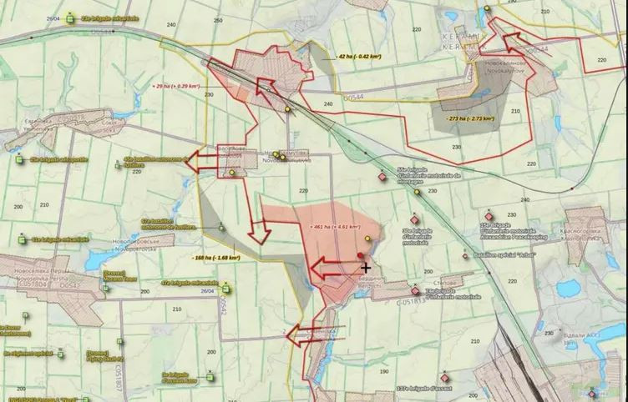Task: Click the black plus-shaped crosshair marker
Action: pos(366,267)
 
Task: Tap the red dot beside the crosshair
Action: pos(360,256)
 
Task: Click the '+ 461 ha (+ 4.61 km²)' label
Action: pos(335,226)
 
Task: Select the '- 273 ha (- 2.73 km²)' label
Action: pos(468,118)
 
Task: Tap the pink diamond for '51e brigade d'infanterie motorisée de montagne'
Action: pos(382,177)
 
